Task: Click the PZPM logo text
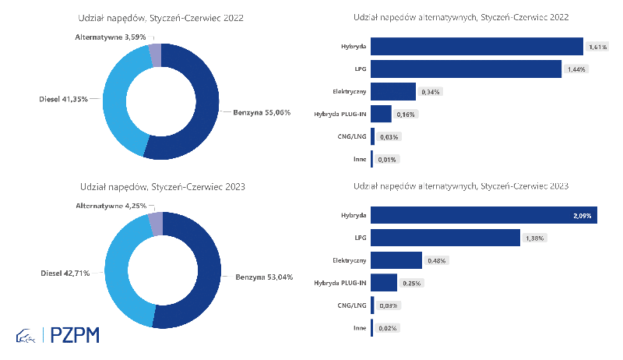[x=75, y=335]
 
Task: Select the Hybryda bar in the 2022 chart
[x=477, y=47]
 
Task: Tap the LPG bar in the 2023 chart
[x=445, y=238]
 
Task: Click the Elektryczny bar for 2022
[x=393, y=91]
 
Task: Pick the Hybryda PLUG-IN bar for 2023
[x=384, y=283]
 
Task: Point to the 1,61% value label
[x=597, y=47]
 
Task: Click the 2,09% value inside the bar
[x=582, y=216]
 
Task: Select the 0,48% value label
[x=436, y=261]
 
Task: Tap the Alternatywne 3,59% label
[x=111, y=37]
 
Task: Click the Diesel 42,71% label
[x=65, y=273]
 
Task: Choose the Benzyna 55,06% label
[x=262, y=112]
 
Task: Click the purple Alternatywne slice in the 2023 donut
[x=156, y=224]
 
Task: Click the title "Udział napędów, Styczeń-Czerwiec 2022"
[x=160, y=18]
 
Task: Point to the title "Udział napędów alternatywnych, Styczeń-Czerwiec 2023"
[x=461, y=186]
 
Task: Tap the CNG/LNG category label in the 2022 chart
[x=352, y=136]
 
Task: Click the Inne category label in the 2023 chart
[x=360, y=328]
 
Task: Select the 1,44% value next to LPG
[x=576, y=69]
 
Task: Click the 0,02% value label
[x=387, y=328]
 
